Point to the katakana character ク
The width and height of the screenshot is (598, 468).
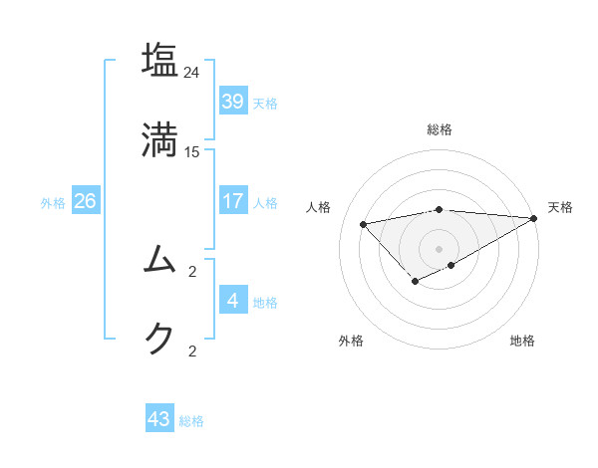coord(159,338)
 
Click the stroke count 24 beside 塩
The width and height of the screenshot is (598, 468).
coord(192,73)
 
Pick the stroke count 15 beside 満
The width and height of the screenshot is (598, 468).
coord(192,151)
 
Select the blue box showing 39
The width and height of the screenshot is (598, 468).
coord(233,102)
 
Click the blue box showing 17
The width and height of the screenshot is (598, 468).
coord(233,201)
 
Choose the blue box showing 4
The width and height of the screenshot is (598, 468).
coord(233,300)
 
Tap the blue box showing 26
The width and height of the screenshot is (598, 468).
coord(86,201)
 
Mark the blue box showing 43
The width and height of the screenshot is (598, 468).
coord(159,419)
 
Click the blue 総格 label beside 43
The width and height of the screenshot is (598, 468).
coord(191,421)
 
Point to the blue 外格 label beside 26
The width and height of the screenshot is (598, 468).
coord(53,203)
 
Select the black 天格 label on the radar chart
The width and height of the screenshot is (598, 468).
coord(560,207)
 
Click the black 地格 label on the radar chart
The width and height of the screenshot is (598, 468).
coord(522,341)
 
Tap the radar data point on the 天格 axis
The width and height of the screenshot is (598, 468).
coord(535,218)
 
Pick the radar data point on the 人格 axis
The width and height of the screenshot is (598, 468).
coord(363,223)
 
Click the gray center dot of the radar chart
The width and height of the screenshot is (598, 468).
coord(439,248)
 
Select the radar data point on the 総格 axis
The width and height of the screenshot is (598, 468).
coord(439,209)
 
